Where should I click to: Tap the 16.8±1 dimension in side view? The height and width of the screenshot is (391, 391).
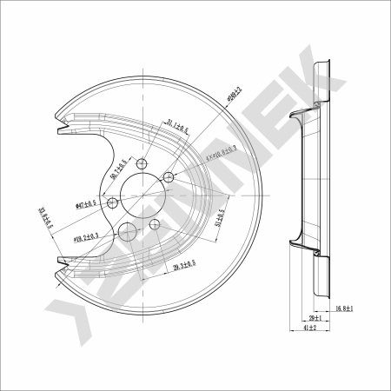pos(346,308)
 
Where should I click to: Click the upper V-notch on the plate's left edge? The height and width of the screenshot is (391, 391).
pos(59,131)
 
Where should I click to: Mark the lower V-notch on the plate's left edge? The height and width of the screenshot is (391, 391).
pos(60,262)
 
